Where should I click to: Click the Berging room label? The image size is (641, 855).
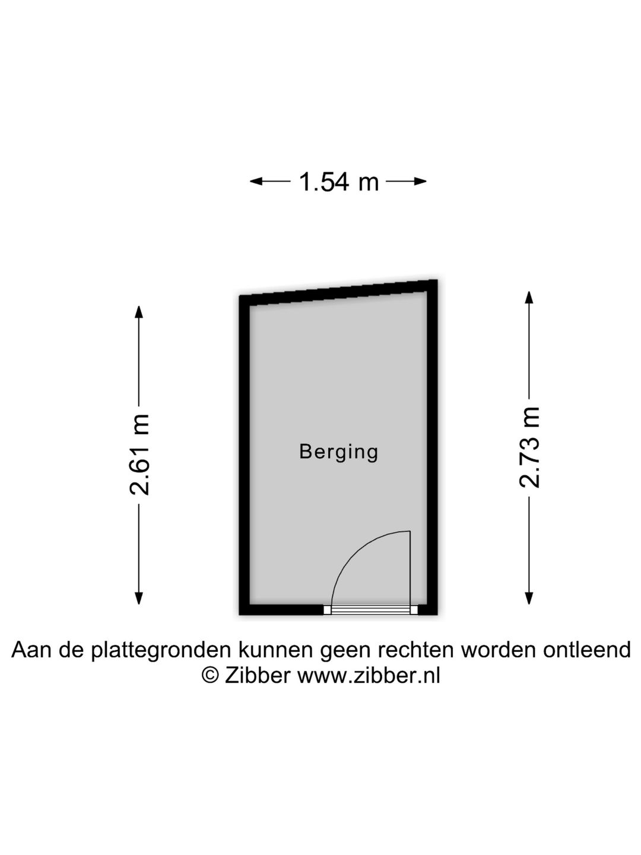[338, 452]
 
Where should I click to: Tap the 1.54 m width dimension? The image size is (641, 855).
[338, 182]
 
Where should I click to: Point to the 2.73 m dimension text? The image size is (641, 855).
[529, 446]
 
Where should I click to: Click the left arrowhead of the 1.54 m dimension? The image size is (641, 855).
[256, 181]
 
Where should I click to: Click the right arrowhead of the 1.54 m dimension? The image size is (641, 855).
[420, 181]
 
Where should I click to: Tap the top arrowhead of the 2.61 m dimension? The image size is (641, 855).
[138, 312]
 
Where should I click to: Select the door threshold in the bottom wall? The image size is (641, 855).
[370, 610]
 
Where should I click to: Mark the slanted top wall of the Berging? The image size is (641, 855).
[338, 293]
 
